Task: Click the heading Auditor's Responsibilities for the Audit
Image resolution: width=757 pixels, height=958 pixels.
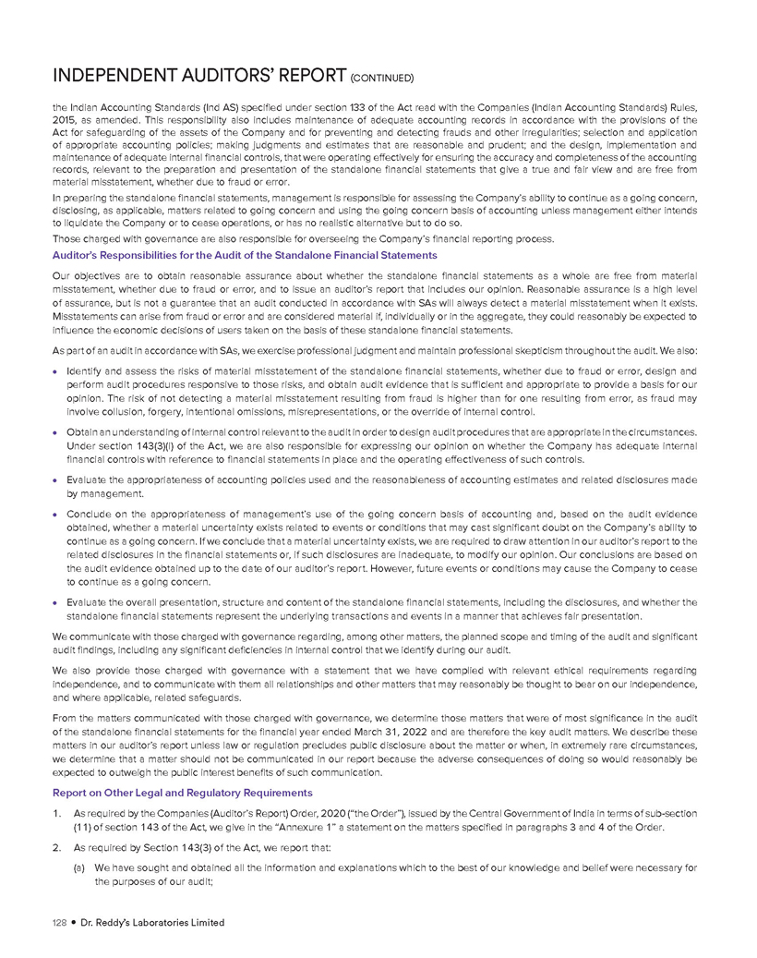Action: click(x=246, y=254)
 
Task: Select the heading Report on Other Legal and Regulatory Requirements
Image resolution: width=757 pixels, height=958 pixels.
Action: click(x=183, y=792)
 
